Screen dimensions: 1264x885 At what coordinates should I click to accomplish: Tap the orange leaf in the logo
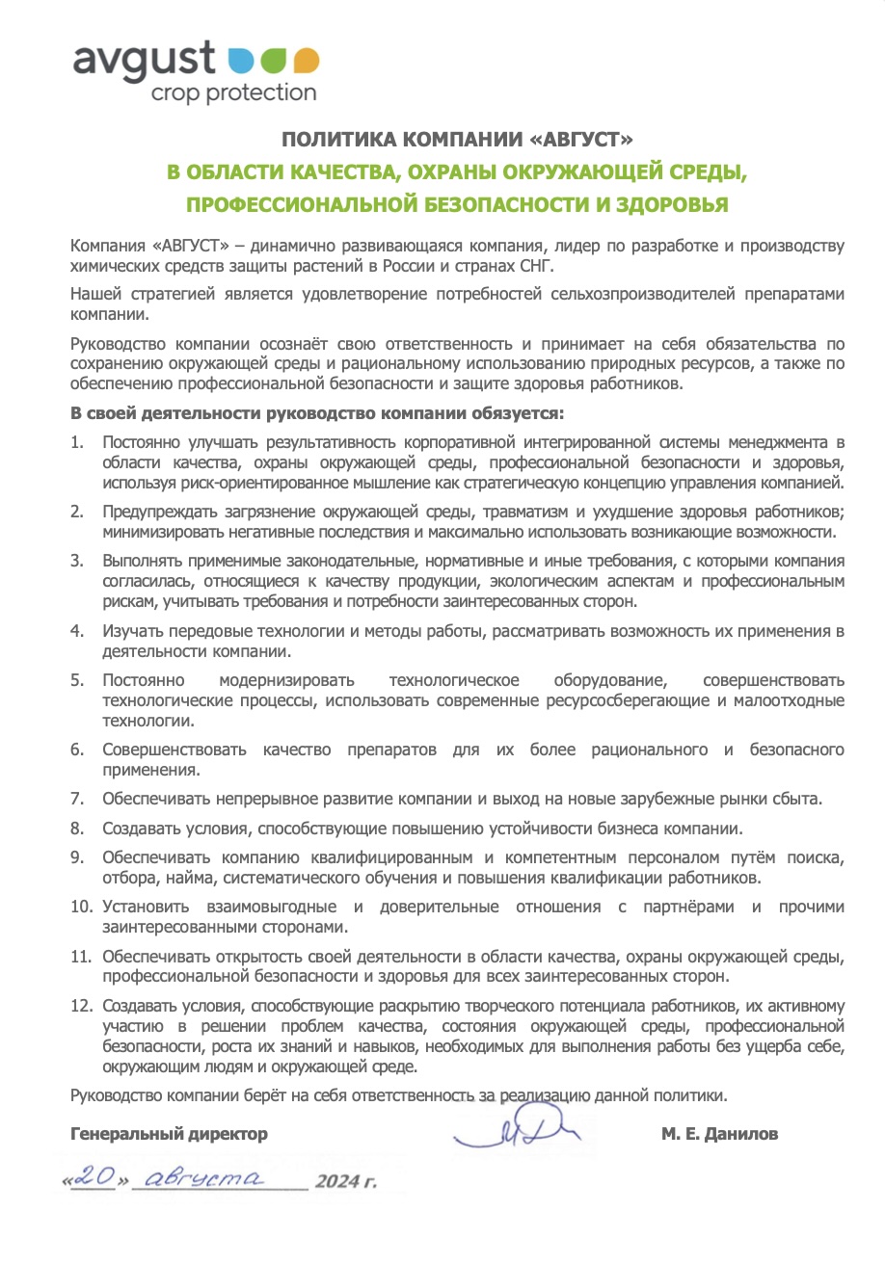click(306, 60)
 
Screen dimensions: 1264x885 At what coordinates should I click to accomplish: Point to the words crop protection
click(232, 93)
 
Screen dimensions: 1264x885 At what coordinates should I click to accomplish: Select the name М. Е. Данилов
click(719, 1134)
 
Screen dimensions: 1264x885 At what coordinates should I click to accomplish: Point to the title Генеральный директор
click(170, 1134)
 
